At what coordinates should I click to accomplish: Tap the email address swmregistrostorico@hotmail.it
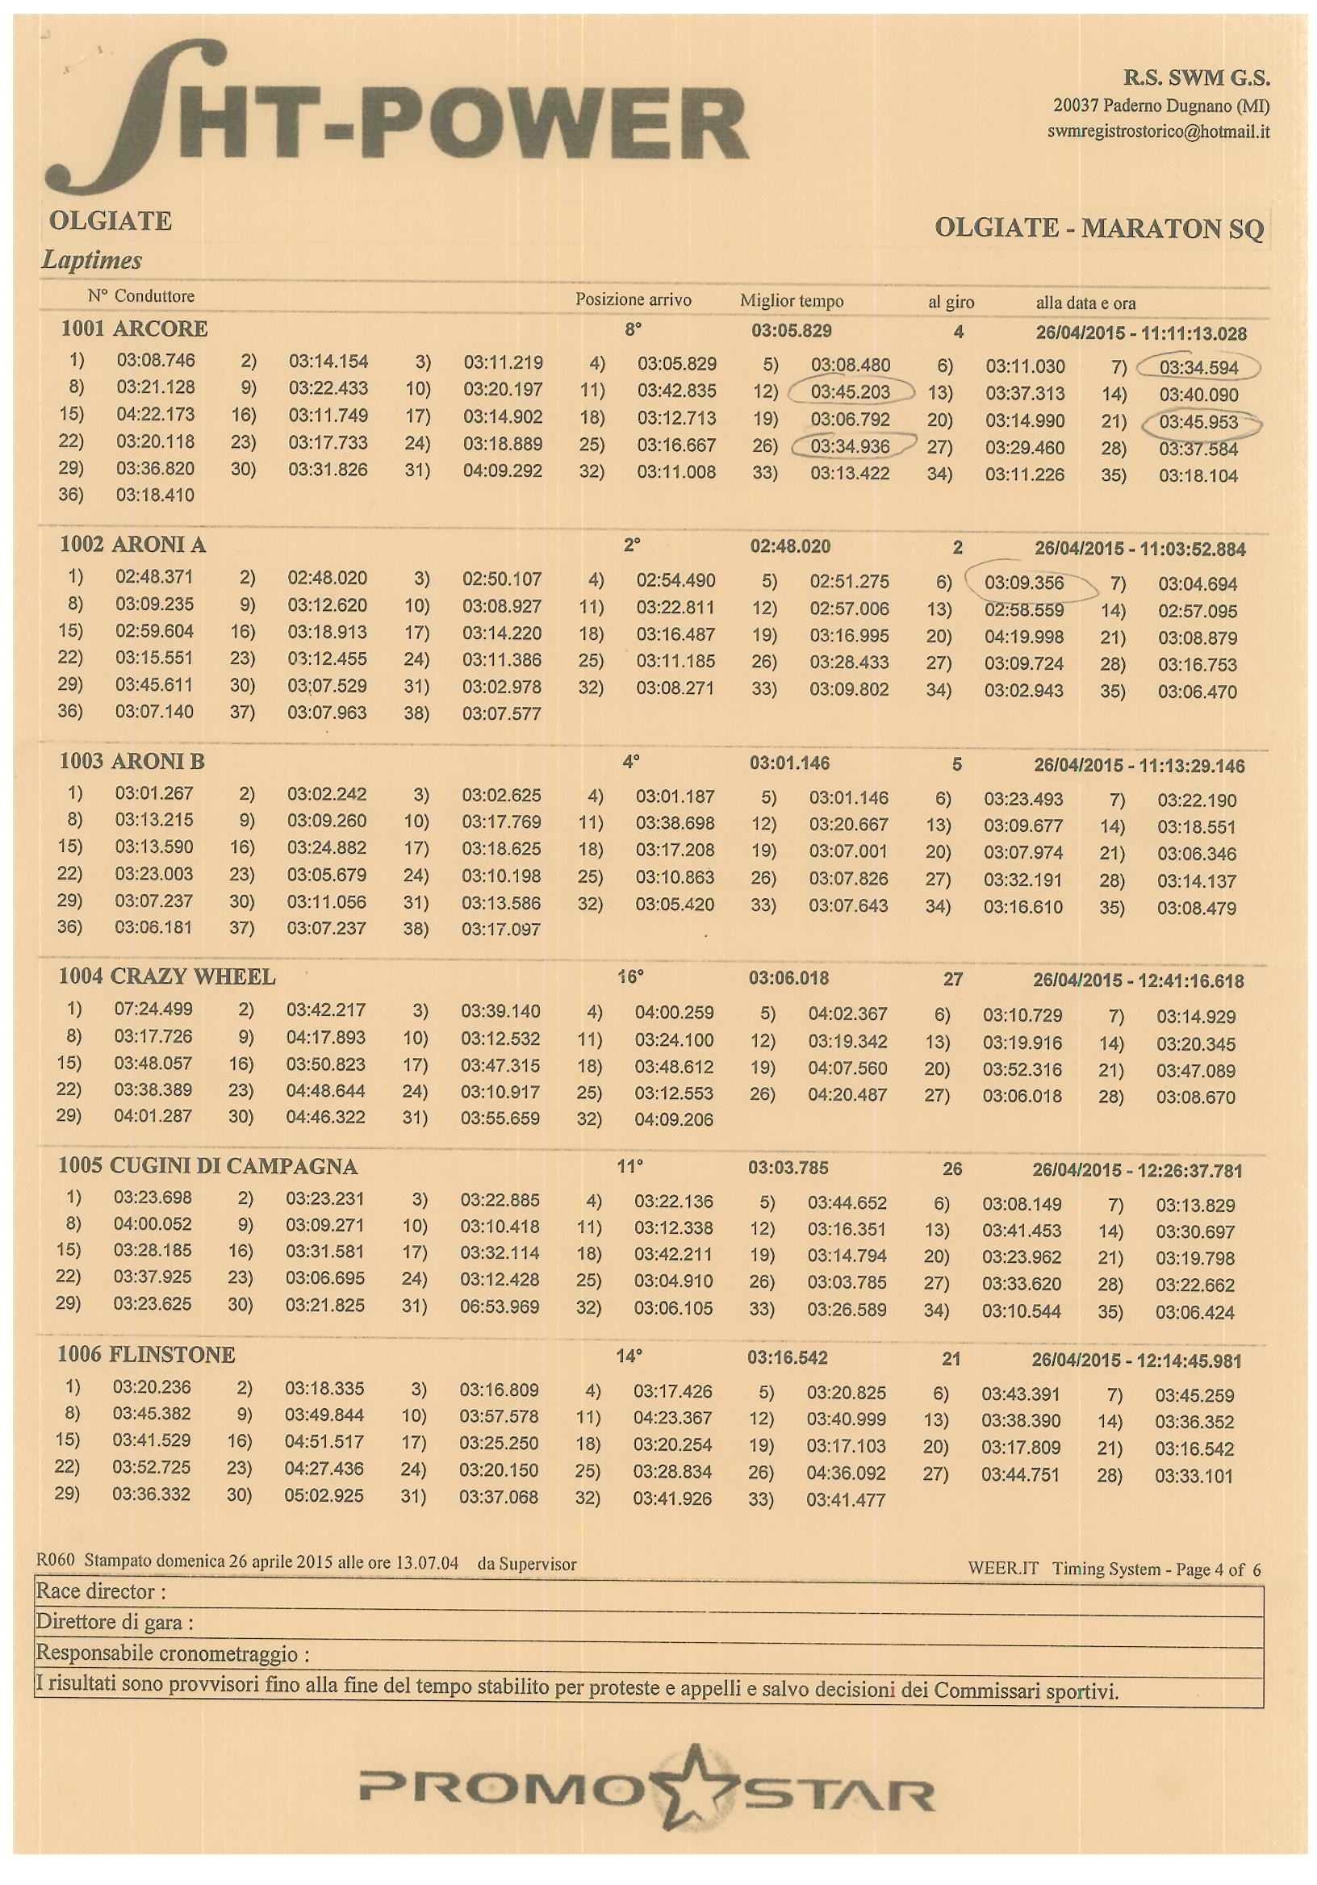(1159, 131)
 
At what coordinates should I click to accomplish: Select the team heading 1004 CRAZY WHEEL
(167, 976)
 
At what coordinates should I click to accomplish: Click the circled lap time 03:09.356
(1024, 583)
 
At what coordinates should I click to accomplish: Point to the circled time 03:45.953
(1198, 423)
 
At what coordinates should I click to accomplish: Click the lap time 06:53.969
(500, 1306)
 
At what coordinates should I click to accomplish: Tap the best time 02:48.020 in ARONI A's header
(790, 546)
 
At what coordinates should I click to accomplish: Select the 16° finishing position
(630, 977)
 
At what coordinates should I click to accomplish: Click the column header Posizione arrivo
(633, 299)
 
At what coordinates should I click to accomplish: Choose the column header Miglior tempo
(792, 300)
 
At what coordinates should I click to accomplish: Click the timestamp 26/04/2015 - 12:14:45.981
(1136, 1360)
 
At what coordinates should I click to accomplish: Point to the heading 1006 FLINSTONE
(146, 1354)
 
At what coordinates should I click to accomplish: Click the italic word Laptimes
(92, 261)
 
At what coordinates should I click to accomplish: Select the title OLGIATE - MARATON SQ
(1098, 228)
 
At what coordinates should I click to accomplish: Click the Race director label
(101, 1591)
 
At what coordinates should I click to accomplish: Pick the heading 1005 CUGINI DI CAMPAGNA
(207, 1166)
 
